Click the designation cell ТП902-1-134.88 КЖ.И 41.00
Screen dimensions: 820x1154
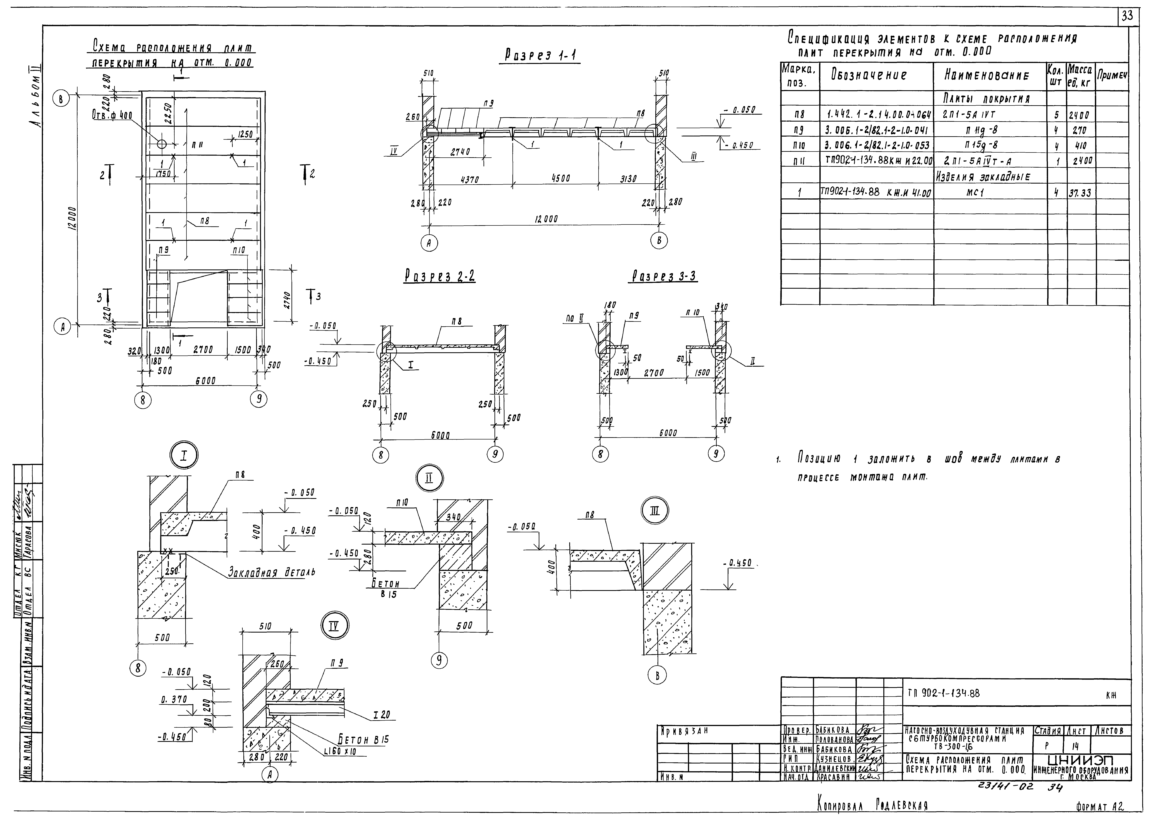tap(876, 192)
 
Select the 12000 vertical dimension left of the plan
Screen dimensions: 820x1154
tap(72, 218)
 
